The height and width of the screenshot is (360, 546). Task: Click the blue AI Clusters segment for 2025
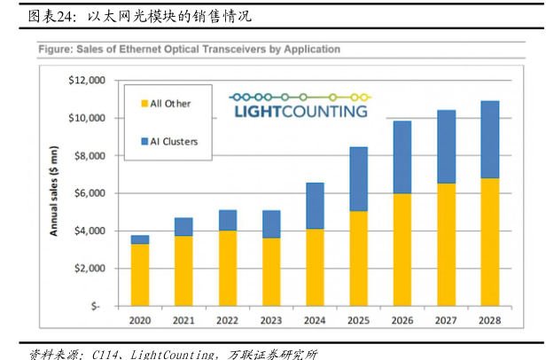[359, 179]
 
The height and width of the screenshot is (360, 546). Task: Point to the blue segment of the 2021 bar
[184, 227]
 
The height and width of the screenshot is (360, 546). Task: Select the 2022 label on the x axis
[228, 321]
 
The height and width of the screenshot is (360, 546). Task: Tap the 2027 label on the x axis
[446, 321]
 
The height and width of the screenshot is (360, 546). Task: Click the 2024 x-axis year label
[315, 321]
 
